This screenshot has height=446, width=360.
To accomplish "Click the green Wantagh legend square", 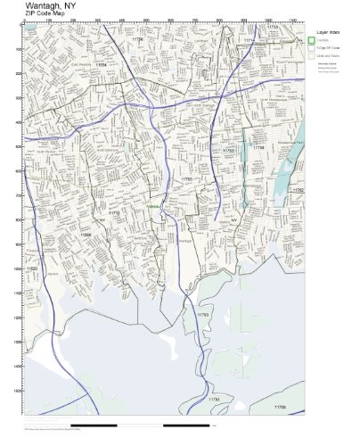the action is tap(312, 39).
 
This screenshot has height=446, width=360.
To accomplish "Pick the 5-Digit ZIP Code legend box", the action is tap(312, 47).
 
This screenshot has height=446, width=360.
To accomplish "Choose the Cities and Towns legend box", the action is tap(312, 55).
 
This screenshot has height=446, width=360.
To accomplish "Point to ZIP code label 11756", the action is tap(136, 39).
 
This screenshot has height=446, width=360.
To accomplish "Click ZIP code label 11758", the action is tap(258, 147).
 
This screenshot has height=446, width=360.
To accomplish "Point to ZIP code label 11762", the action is tap(298, 190).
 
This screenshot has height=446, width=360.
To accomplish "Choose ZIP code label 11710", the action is tap(113, 214).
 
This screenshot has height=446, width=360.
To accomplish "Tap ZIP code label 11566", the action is tap(86, 234).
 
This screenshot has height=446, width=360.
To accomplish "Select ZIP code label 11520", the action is tap(33, 267).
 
